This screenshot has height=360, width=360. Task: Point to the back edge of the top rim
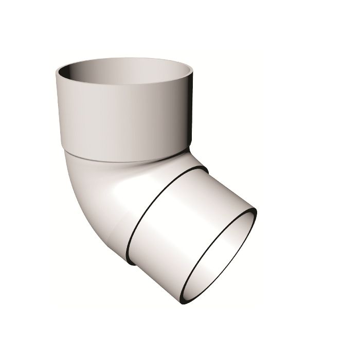coord(123,59)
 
